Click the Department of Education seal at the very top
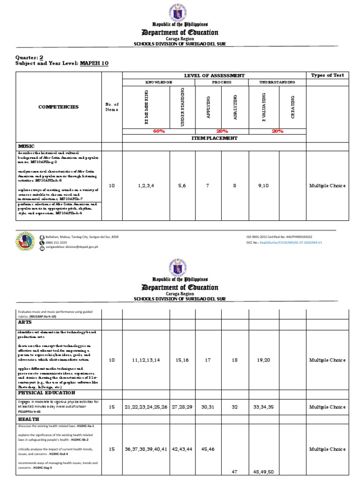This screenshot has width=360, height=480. coord(180,11)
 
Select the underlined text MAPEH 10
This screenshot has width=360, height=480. coord(94,63)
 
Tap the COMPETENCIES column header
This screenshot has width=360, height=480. coord(59,107)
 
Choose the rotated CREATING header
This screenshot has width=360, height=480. coord(292,107)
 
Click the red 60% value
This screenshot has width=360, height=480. coord(159,131)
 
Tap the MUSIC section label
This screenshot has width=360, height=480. coord(27,146)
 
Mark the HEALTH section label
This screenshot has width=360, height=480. coord(29,419)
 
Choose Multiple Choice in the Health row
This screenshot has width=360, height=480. coord(327,449)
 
